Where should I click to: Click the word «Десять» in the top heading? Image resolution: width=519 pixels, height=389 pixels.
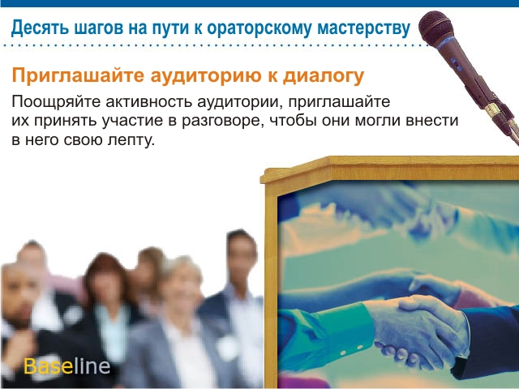[x=41, y=28]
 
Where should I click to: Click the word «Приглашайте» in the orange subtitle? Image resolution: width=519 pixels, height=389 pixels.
[x=78, y=76]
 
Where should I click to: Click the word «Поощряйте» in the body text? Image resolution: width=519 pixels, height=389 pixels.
[x=56, y=102]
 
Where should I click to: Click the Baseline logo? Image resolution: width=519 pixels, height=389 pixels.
[x=66, y=366]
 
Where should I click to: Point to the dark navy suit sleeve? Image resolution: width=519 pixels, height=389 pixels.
[x=489, y=340]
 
